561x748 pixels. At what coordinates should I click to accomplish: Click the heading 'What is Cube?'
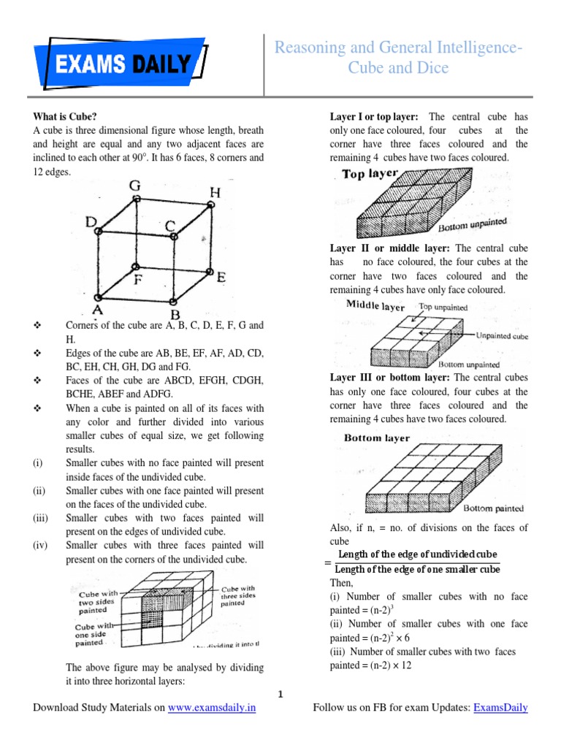64,116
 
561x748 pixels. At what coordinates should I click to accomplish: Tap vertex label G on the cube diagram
135,186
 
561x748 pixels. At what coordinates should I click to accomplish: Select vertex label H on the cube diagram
215,192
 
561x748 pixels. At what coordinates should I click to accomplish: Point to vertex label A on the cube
96,310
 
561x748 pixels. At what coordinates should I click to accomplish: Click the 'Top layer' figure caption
370,175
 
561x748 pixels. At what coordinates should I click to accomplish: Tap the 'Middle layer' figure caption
375,305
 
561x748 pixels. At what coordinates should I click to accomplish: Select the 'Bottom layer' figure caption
376,438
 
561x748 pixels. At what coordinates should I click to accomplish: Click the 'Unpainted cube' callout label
504,336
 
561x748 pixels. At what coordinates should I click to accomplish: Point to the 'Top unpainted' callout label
443,308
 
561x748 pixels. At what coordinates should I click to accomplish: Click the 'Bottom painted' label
493,508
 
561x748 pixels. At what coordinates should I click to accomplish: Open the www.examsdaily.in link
212,708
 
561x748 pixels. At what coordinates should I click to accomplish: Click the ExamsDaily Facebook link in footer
500,708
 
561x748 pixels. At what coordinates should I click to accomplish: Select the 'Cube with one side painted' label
93,634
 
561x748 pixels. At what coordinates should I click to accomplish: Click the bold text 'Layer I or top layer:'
374,117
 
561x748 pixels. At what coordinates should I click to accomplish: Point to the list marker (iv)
39,546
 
